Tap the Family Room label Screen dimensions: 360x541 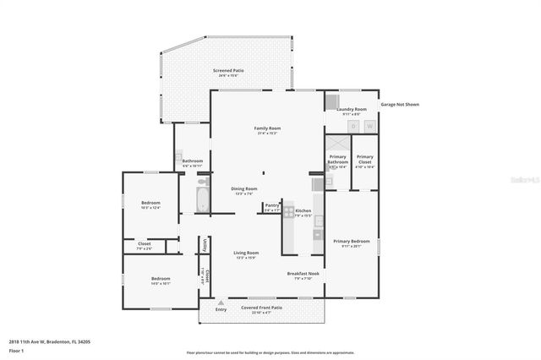point(266,128)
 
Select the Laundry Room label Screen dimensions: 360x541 point(351,109)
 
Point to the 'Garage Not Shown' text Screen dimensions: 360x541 point(400,105)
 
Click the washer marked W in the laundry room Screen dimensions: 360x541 point(369,126)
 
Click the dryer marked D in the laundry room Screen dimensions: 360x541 point(353,126)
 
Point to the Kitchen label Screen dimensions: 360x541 point(303,210)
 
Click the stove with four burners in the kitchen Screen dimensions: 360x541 point(288,211)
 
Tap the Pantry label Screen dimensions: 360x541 point(271,205)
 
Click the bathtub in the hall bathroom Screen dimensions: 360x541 point(202,200)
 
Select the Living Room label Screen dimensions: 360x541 point(246,253)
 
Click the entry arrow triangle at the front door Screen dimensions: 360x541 point(221,302)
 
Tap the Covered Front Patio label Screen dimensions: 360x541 point(261,308)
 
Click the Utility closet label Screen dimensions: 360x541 point(205,245)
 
